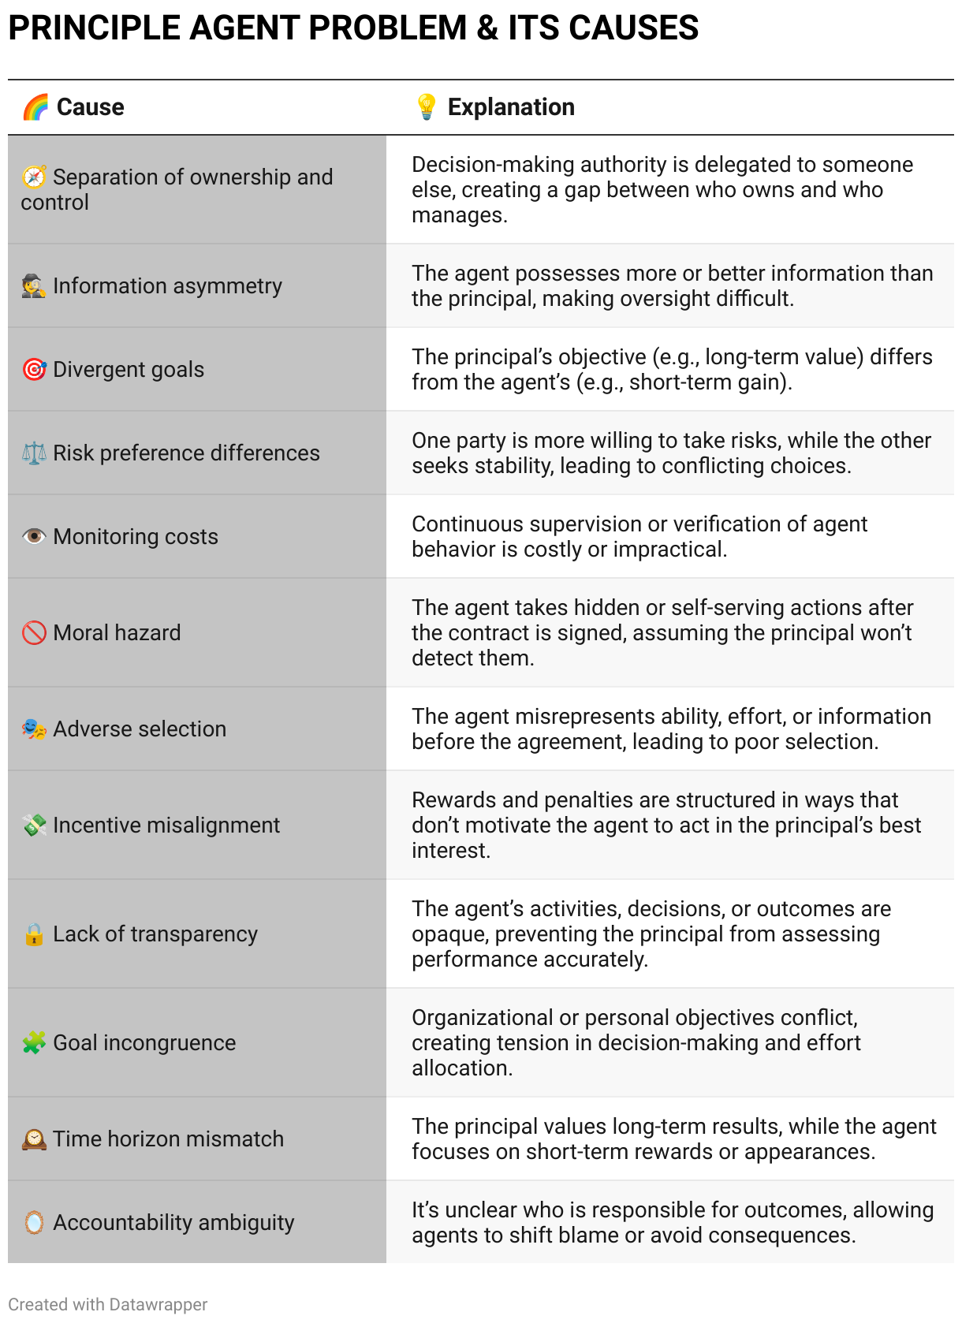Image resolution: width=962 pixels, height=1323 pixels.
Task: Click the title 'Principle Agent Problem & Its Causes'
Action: [353, 28]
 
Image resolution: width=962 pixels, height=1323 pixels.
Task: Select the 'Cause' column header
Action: [90, 107]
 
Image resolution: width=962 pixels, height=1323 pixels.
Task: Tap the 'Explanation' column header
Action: [511, 107]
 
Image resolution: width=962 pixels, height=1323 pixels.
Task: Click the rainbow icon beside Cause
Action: [35, 107]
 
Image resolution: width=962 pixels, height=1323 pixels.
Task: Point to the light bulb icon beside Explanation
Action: [426, 107]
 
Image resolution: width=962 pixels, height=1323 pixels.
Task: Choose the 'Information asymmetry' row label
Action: [167, 286]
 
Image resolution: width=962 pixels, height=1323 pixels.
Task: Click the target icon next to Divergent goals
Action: [34, 370]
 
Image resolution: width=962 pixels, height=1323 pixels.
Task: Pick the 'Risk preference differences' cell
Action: [186, 453]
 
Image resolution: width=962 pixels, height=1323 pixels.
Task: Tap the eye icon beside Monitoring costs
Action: [34, 537]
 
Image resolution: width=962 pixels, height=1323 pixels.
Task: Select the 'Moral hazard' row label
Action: [117, 633]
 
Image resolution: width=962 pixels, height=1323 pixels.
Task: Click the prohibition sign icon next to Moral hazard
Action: [34, 633]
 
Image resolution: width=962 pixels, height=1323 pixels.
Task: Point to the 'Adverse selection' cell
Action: [140, 729]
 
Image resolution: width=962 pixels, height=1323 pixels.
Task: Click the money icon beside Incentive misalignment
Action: [34, 825]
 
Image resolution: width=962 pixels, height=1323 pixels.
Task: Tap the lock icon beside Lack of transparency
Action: [34, 934]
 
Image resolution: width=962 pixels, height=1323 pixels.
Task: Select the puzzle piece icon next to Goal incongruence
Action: [34, 1043]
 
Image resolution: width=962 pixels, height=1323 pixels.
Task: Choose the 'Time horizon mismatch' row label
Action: [168, 1139]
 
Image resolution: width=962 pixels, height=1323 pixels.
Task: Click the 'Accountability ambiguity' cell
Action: [173, 1223]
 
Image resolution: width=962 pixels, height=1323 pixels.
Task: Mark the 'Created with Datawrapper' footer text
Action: [108, 1305]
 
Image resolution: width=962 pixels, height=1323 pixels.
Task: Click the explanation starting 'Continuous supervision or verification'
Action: [639, 537]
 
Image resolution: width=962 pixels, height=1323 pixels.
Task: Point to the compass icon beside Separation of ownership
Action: [34, 177]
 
